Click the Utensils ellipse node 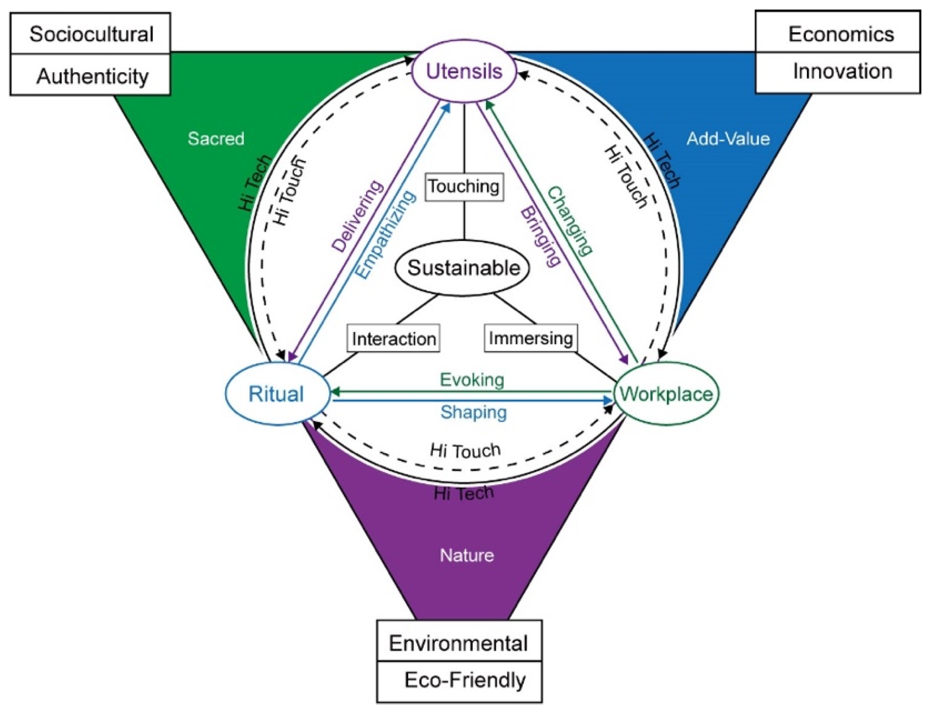click(x=464, y=71)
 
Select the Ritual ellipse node click(x=277, y=393)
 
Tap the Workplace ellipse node click(x=666, y=393)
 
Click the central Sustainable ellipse click(x=463, y=268)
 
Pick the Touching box click(x=464, y=187)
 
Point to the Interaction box click(x=394, y=339)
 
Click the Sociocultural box click(x=90, y=34)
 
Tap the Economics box click(x=841, y=34)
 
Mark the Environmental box click(x=458, y=643)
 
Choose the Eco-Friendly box click(x=464, y=680)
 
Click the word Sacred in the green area click(x=216, y=139)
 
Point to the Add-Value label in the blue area click(x=728, y=139)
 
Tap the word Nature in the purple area click(x=467, y=556)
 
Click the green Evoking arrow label click(x=472, y=379)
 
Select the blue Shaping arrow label click(x=474, y=412)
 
